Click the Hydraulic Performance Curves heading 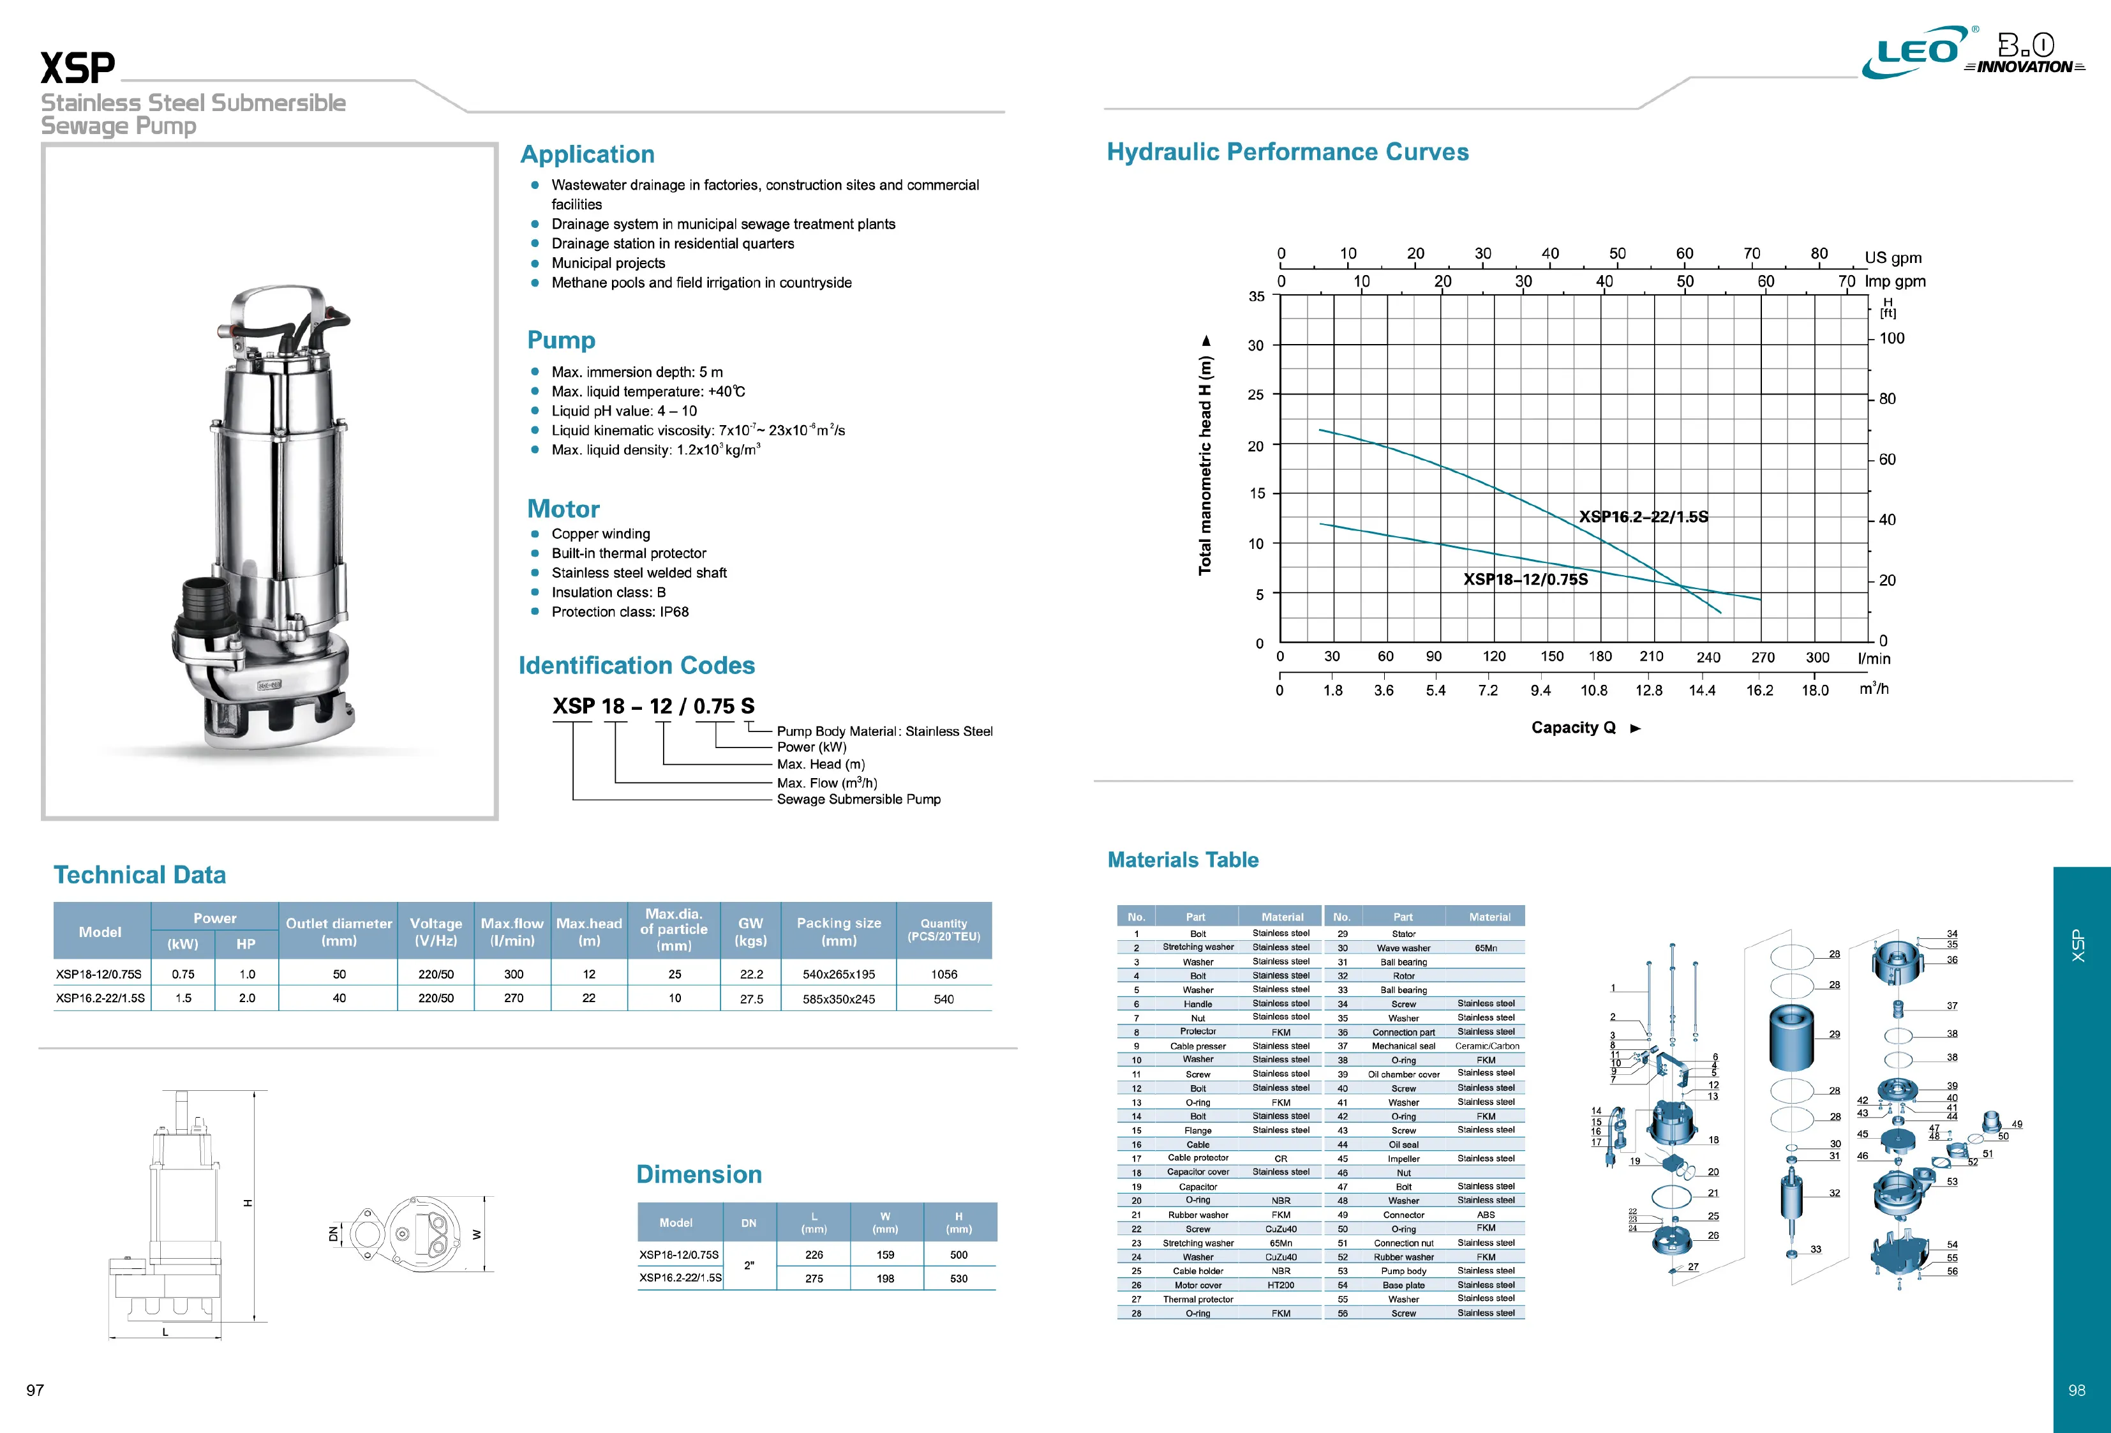[1287, 152]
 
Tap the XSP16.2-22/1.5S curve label [1643, 516]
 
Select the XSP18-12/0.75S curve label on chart [1526, 579]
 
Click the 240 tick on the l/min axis [1708, 657]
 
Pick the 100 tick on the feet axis [1892, 338]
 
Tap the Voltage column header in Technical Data [436, 931]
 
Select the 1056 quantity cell [944, 974]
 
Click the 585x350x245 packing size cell [839, 999]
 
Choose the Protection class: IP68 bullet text [620, 611]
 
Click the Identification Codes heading [637, 665]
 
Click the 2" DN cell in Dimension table [749, 1265]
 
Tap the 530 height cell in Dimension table [959, 1279]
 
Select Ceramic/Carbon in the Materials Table [1487, 1046]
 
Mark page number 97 [36, 1390]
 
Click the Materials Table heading [1182, 860]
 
